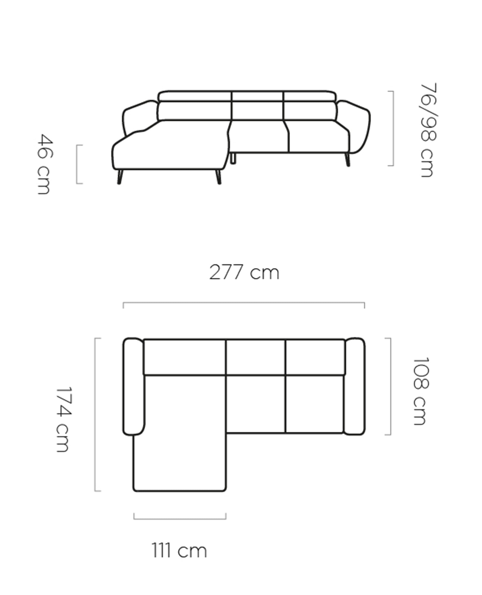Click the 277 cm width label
244,272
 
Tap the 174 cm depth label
63,419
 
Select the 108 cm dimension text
421,391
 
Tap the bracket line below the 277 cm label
244,303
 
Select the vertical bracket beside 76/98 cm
393,128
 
